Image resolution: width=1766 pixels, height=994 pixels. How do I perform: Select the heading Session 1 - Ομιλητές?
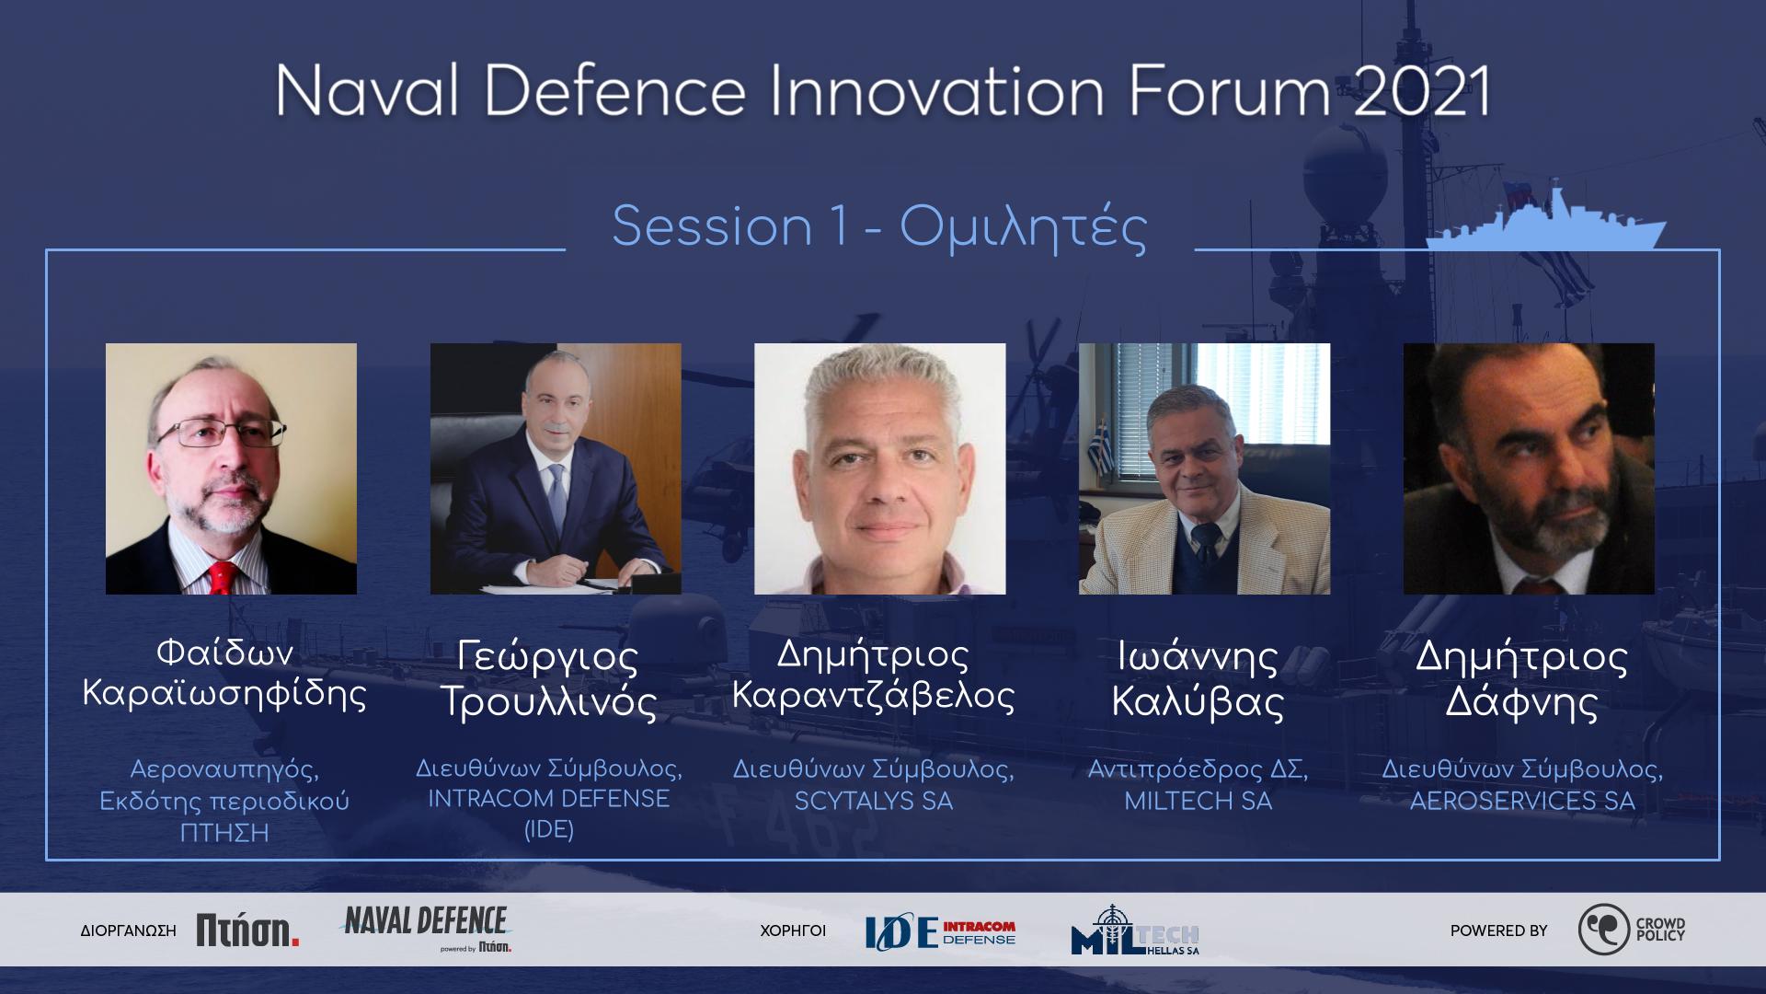(879, 226)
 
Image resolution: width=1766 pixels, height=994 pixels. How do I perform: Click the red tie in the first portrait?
(224, 576)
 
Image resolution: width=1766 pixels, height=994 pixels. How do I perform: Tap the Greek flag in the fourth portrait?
(1101, 445)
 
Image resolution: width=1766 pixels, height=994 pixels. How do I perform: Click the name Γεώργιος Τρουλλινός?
(549, 679)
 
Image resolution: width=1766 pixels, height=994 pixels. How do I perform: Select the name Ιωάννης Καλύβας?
(1198, 679)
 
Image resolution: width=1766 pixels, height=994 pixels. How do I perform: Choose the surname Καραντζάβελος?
(873, 697)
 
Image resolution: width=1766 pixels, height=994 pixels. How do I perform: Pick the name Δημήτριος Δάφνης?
(1521, 679)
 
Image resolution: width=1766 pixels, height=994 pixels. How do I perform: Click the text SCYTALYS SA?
(873, 802)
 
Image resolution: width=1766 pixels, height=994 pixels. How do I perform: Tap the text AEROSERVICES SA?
(1522, 802)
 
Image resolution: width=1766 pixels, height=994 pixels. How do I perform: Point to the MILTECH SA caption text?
(1198, 802)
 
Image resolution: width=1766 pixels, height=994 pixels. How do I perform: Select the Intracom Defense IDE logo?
(940, 932)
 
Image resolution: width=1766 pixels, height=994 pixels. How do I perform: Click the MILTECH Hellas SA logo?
(1135, 930)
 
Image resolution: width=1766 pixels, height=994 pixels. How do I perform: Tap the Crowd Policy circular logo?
(1603, 930)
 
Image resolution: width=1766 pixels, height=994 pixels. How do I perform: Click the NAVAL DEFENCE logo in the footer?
(425, 928)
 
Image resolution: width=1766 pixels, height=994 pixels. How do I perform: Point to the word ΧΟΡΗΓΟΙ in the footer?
(793, 930)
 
